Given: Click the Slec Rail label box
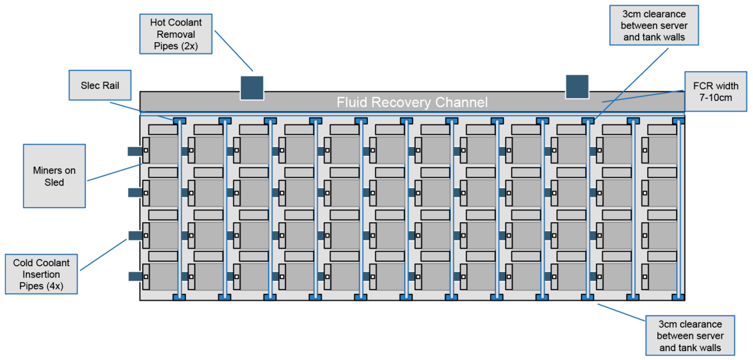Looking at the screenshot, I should (x=100, y=86).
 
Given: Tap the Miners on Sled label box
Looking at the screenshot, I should (x=54, y=176).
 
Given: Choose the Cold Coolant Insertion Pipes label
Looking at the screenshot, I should (x=41, y=274).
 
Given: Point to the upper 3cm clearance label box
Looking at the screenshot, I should (x=654, y=25).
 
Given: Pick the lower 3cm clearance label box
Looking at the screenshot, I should (x=690, y=336).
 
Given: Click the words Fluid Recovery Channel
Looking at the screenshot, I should (x=412, y=102).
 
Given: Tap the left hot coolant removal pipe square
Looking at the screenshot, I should (x=252, y=88).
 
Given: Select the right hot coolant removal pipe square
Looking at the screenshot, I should (x=577, y=86).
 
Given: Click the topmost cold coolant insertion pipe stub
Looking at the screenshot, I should (x=135, y=152).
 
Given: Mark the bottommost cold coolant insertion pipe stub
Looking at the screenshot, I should (x=135, y=277).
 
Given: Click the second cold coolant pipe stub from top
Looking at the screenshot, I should (x=135, y=193).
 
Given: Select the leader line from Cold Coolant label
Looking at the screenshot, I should (x=103, y=255).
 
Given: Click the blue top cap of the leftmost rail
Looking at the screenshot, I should (x=179, y=120).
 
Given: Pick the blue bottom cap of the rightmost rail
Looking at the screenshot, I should (x=678, y=297).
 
